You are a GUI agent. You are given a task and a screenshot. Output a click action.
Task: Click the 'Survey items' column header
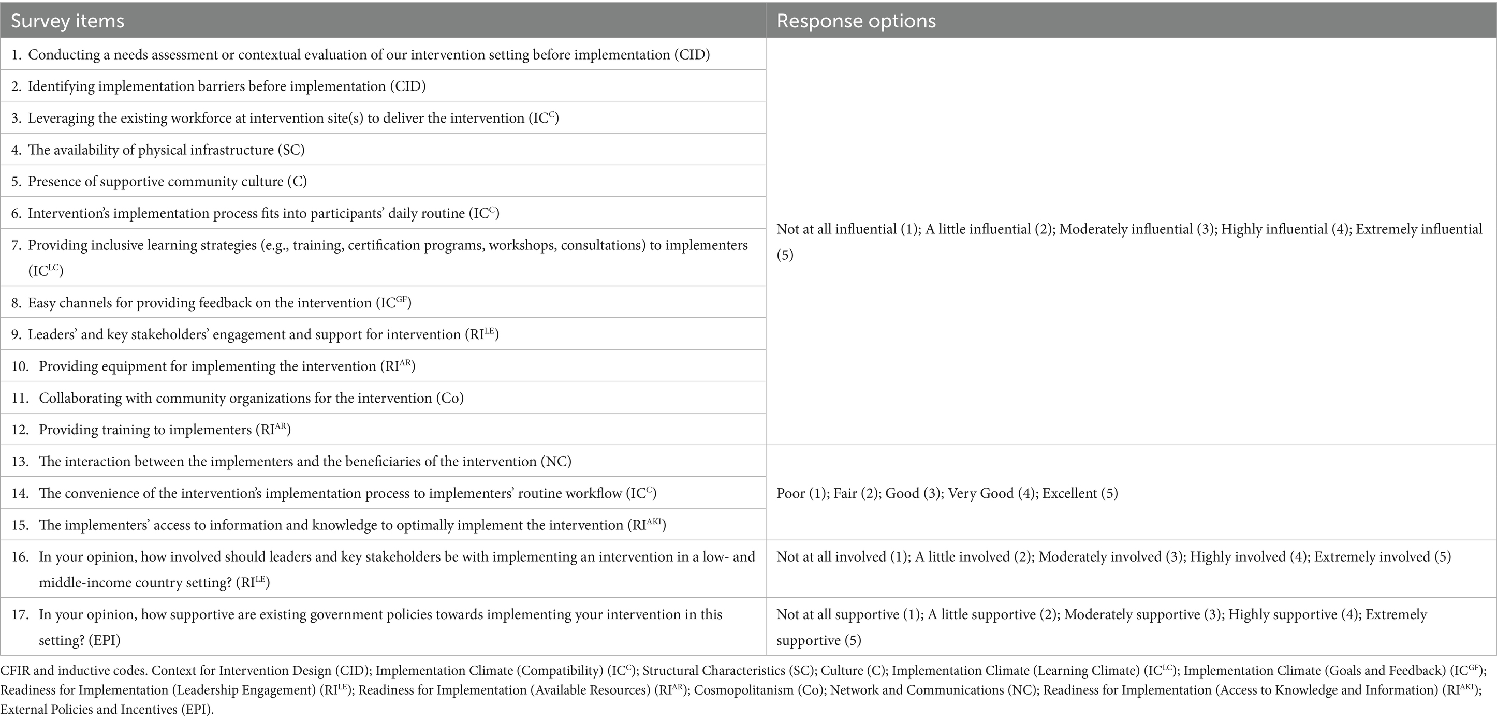tap(67, 21)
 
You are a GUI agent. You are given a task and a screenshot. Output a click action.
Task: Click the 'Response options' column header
tap(856, 21)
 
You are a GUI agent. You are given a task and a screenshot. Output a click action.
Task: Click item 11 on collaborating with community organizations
tap(251, 398)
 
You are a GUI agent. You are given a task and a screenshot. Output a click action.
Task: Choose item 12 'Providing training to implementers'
tap(165, 430)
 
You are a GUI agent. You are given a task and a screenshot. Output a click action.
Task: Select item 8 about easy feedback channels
tap(219, 303)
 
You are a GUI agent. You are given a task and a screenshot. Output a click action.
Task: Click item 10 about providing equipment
tap(227, 366)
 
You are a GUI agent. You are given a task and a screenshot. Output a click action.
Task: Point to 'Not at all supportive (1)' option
tap(848, 615)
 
